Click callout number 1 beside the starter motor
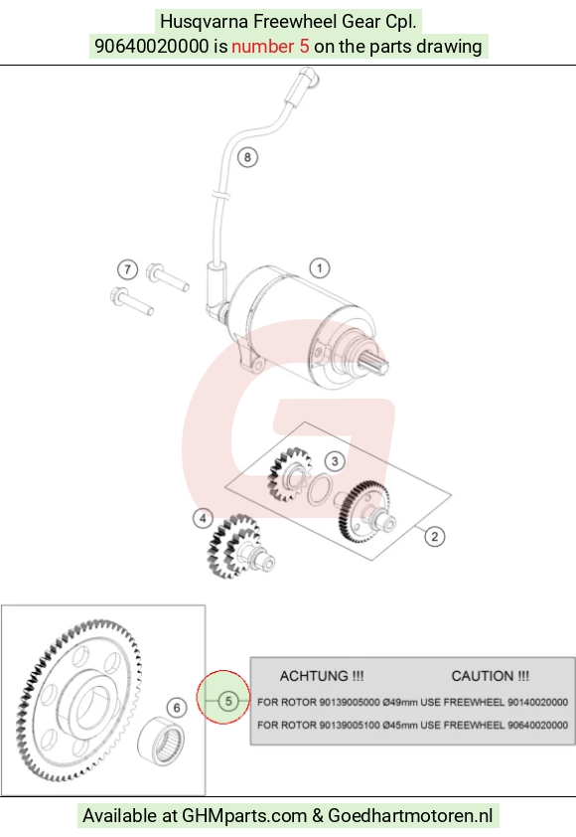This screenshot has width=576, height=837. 320,268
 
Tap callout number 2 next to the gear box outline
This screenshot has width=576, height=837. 435,537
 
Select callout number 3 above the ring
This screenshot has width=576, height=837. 335,461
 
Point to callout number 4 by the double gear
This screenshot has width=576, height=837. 203,518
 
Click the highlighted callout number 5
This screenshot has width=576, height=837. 228,701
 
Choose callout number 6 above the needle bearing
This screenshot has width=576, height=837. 177,708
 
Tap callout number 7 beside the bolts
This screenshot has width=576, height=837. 127,269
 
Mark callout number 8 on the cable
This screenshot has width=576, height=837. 247,157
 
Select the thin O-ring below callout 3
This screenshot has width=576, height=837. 320,489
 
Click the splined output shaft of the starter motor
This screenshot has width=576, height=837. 375,363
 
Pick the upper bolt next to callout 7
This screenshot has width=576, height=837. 168,277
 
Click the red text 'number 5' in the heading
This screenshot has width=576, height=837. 270,46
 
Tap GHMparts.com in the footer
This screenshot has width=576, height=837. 244,816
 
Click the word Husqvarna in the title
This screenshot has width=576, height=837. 205,22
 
